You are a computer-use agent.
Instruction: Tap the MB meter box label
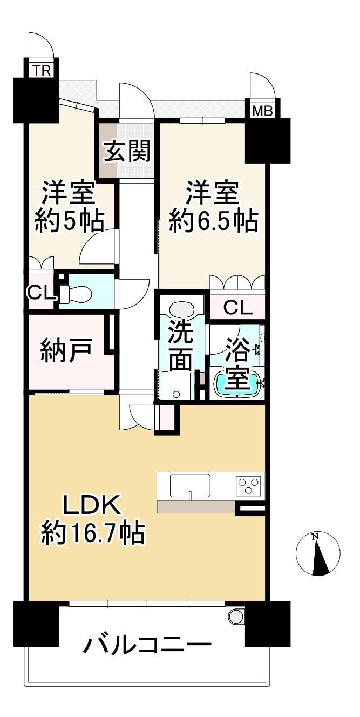tap(262, 111)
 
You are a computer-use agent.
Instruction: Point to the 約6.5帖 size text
tap(213, 221)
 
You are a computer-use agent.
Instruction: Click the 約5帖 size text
tap(70, 221)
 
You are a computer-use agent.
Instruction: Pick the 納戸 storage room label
tap(66, 351)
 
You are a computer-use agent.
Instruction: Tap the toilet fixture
tap(76, 294)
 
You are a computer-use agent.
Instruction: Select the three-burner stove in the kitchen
tap(248, 486)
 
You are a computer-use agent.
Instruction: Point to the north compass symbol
tap(317, 554)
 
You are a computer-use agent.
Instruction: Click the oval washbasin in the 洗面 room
tap(182, 310)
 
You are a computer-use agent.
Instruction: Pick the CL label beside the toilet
tap(40, 292)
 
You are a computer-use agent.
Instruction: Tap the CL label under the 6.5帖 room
tap(238, 308)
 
